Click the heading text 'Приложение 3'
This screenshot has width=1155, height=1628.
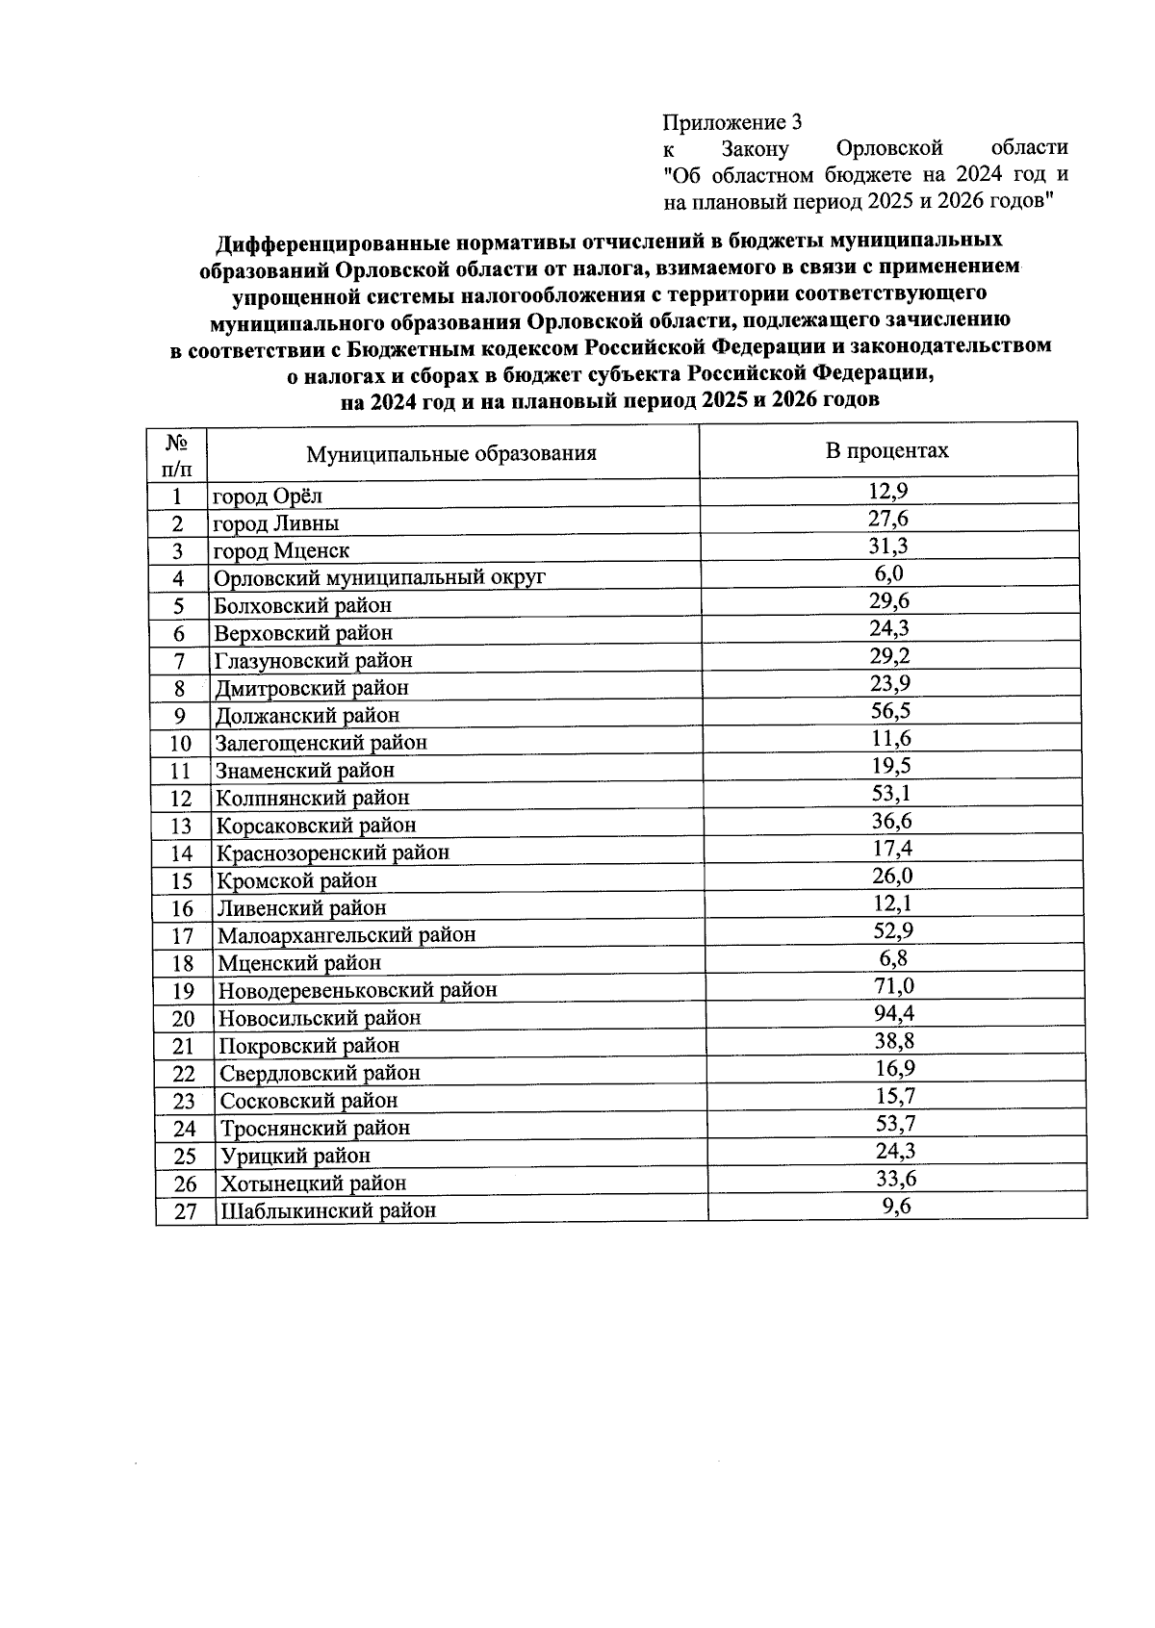[732, 122]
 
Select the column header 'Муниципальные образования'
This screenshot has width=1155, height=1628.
[451, 453]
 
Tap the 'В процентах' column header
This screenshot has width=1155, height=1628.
[886, 450]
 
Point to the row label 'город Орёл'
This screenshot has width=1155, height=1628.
[268, 496]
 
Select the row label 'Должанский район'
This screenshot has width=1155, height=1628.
[307, 716]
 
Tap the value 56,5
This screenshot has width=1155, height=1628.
[890, 710]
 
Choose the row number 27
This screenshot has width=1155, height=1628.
[185, 1211]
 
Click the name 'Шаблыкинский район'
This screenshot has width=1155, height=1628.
[328, 1210]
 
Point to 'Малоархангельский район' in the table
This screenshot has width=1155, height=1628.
[346, 935]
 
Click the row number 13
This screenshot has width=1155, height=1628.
[181, 827]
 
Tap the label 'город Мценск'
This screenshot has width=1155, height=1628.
[281, 551]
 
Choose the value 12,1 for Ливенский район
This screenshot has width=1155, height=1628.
[890, 903]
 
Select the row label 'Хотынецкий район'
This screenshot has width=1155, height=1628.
[314, 1183]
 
